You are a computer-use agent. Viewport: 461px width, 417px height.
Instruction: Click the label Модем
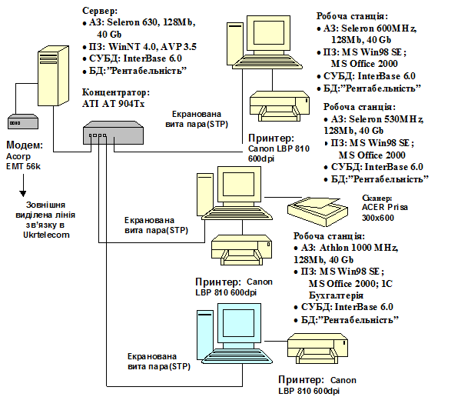(x=24, y=145)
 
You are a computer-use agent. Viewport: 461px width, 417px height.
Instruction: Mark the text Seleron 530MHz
(x=377, y=119)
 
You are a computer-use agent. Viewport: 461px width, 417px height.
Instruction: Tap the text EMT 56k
(x=25, y=166)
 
